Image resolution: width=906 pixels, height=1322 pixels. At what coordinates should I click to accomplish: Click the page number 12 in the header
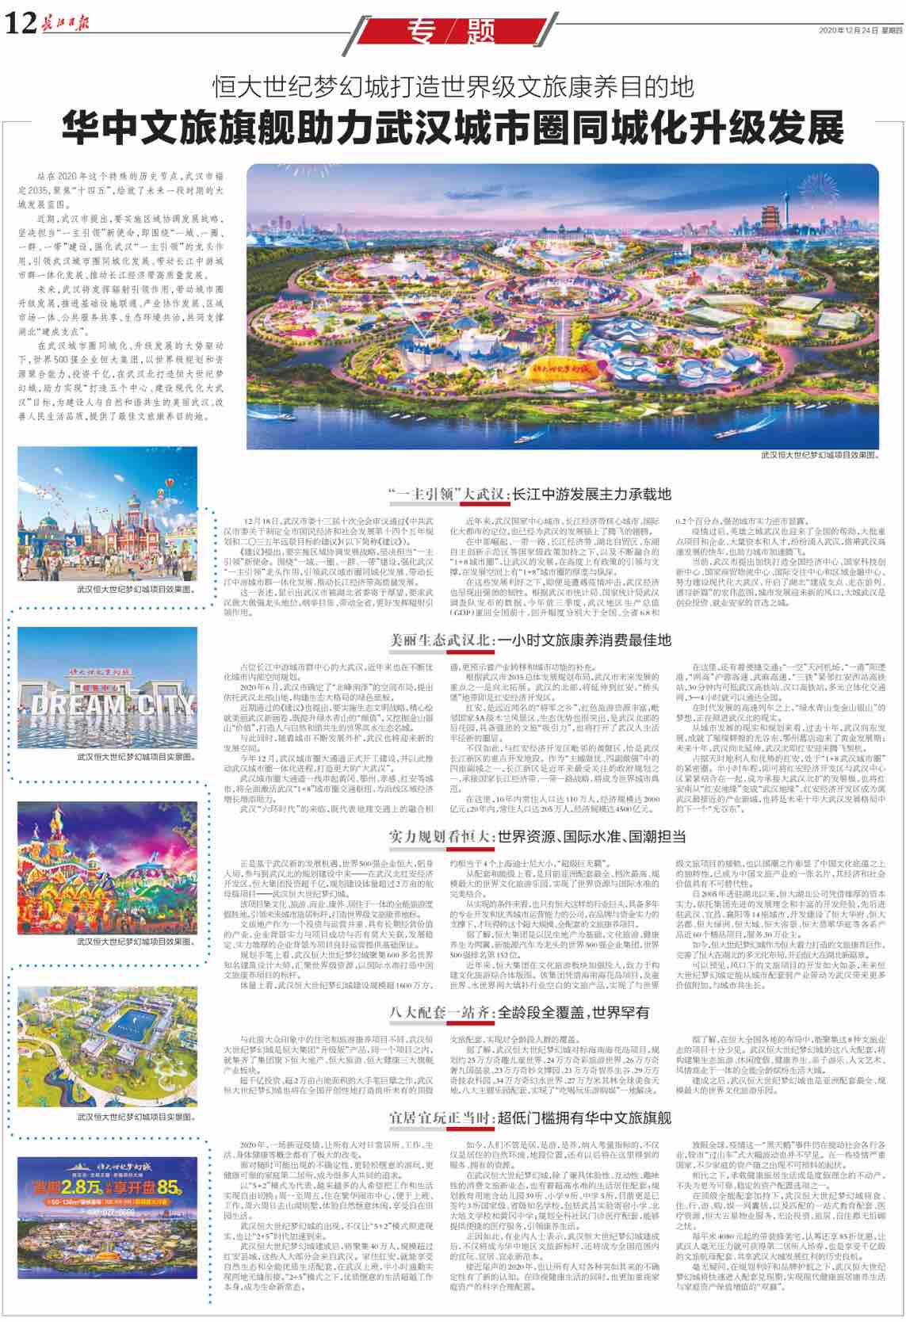click(x=21, y=25)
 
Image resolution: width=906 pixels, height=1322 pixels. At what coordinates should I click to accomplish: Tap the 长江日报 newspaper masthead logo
click(x=64, y=22)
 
